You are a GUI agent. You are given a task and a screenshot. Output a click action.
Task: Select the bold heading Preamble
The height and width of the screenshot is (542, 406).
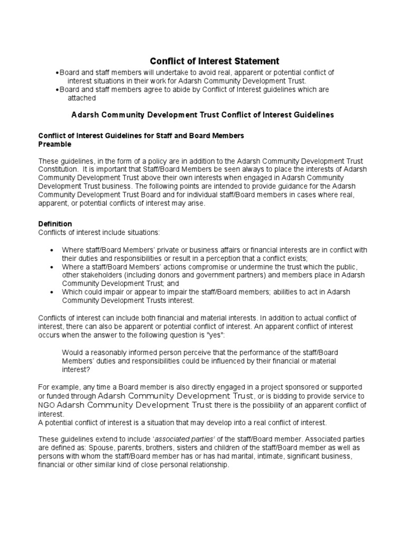55,144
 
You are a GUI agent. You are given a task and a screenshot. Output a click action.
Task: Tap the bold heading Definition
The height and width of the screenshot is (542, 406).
55,224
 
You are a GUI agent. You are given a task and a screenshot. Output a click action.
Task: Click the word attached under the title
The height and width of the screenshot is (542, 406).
81,98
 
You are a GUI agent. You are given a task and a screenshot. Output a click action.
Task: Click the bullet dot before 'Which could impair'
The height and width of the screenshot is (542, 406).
51,292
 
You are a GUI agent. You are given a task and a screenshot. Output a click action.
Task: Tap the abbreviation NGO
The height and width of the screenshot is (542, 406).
47,405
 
